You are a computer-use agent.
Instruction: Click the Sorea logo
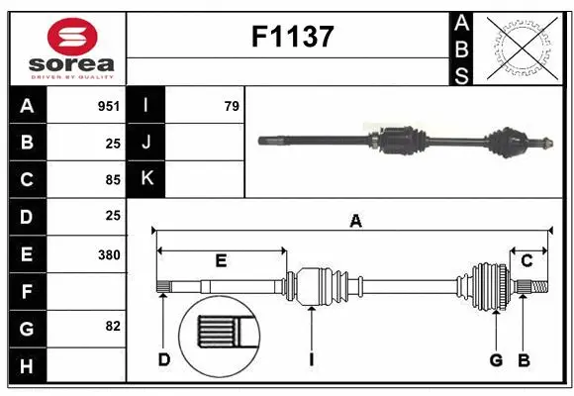67,49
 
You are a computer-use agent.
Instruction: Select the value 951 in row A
108,106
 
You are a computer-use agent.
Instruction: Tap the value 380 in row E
108,254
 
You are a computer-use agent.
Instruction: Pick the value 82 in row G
111,326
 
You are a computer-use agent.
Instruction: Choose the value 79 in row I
232,106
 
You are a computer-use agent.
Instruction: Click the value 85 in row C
112,180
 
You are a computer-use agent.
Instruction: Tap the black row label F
27,291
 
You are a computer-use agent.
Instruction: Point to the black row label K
147,179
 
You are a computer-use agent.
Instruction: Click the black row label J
147,143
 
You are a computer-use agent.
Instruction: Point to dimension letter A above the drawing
355,222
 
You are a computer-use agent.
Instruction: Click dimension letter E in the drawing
221,260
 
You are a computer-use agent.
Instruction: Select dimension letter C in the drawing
527,260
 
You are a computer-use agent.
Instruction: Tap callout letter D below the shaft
164,358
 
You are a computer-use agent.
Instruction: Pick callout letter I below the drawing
311,358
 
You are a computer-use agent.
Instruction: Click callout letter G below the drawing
496,358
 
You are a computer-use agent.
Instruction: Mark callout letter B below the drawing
524,358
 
